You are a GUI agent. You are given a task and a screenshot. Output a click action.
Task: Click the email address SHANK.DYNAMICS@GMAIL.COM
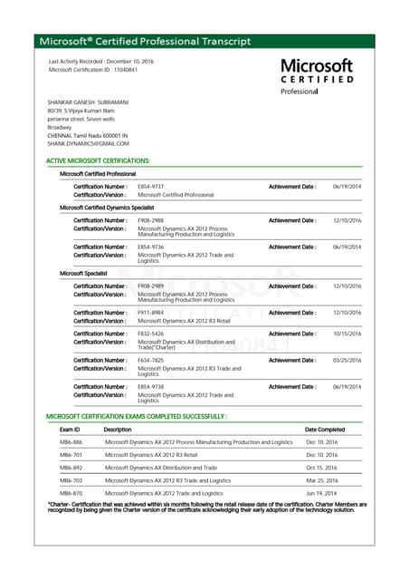pyautogui.click(x=88, y=143)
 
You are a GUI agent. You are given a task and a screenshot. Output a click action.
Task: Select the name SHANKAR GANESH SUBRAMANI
pyautogui.click(x=88, y=102)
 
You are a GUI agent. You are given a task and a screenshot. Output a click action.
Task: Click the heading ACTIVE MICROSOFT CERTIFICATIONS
pyautogui.click(x=98, y=160)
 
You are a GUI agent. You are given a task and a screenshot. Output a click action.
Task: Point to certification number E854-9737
pyautogui.click(x=150, y=186)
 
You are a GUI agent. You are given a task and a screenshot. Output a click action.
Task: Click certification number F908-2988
pyautogui.click(x=150, y=220)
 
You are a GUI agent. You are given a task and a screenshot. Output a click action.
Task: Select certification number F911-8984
pyautogui.click(x=150, y=313)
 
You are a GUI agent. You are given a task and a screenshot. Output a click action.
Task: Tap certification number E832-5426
pyautogui.click(x=150, y=333)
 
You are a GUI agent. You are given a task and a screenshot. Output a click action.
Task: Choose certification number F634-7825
pyautogui.click(x=150, y=360)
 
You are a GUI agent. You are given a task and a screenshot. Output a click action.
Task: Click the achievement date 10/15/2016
pyautogui.click(x=347, y=333)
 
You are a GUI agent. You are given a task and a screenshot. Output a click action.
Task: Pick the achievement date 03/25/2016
pyautogui.click(x=347, y=360)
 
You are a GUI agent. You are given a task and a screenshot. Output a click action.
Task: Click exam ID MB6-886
pyautogui.click(x=71, y=442)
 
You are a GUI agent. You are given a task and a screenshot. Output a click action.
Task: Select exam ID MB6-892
pyautogui.click(x=71, y=468)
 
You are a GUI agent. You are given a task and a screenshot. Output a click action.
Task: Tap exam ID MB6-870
pyautogui.click(x=71, y=493)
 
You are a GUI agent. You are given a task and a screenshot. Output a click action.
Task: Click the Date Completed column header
pyautogui.click(x=324, y=430)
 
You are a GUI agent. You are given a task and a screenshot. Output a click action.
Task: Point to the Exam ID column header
pyautogui.click(x=70, y=430)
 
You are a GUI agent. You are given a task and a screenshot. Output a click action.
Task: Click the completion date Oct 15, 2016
pyautogui.click(x=321, y=468)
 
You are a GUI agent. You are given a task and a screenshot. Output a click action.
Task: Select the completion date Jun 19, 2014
pyautogui.click(x=321, y=493)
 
